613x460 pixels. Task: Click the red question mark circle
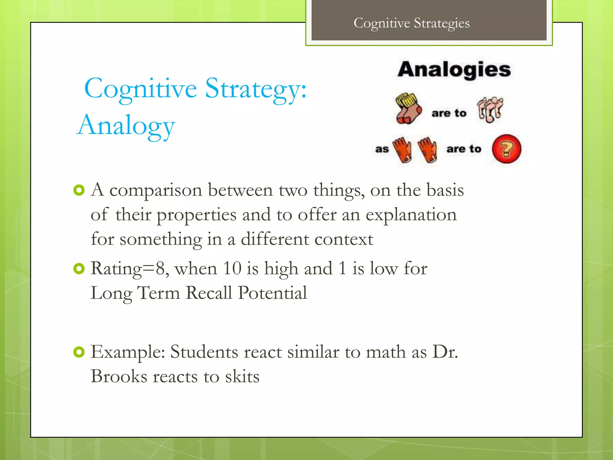tap(506, 149)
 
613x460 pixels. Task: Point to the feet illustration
tap(490, 109)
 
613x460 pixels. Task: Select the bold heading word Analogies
tap(454, 69)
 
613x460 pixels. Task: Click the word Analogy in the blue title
tap(126, 126)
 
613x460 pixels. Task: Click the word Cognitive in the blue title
tap(141, 89)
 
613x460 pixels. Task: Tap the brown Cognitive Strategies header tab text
tap(412, 23)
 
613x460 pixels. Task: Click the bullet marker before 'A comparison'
tap(79, 190)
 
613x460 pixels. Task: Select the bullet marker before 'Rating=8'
tap(79, 269)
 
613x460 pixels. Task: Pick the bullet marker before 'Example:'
tap(79, 352)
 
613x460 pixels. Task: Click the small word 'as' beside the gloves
tap(382, 149)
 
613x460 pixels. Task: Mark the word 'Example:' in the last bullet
tap(128, 352)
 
